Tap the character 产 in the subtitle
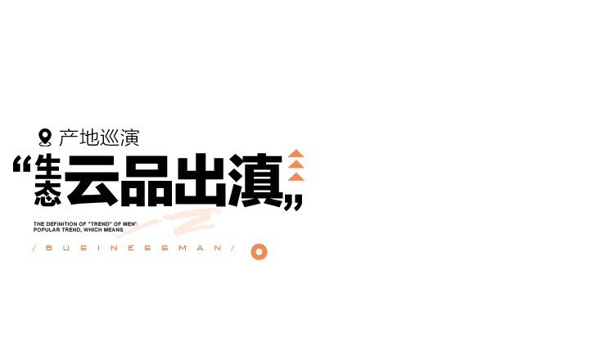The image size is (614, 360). point(68,138)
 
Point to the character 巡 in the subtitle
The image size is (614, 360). point(109,138)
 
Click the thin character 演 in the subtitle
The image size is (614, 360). point(129,138)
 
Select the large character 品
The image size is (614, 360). point(146,180)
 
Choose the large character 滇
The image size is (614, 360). point(255,180)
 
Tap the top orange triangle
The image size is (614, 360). point(296,154)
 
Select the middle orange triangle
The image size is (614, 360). point(296,165)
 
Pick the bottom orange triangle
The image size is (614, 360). point(296,177)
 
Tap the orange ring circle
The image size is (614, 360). point(259,251)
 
